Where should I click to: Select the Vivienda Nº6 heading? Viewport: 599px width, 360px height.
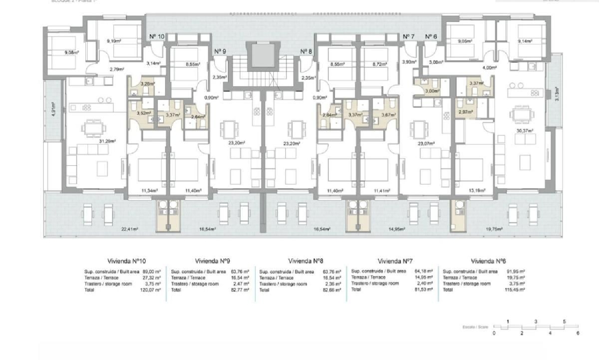488,261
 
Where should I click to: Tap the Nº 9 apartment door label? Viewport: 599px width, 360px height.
220,52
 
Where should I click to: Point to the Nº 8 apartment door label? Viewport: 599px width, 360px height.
306,52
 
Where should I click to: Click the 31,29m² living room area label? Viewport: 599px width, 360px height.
107,141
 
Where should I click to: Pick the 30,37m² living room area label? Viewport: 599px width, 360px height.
525,131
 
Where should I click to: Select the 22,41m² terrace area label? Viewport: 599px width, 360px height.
130,229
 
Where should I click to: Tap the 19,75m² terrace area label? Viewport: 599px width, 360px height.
494,229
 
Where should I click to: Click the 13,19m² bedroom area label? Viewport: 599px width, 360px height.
477,191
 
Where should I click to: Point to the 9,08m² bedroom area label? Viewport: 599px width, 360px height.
72,52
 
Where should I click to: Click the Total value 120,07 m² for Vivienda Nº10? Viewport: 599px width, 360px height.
151,290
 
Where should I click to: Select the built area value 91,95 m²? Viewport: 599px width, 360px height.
516,272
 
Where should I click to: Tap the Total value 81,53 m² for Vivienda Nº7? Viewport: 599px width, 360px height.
423,290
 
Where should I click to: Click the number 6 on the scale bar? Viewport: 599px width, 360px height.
577,333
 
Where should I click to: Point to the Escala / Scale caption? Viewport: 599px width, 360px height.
475,327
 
